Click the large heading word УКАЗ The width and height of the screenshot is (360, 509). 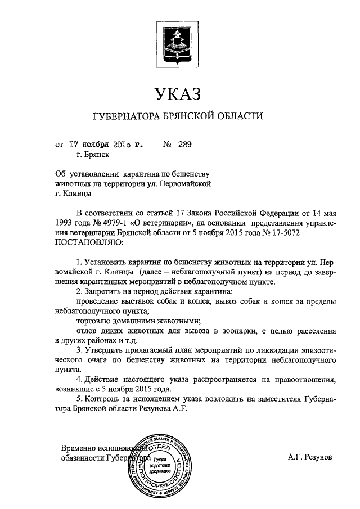(x=178, y=93)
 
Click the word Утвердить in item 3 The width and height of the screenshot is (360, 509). (x=104, y=350)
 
